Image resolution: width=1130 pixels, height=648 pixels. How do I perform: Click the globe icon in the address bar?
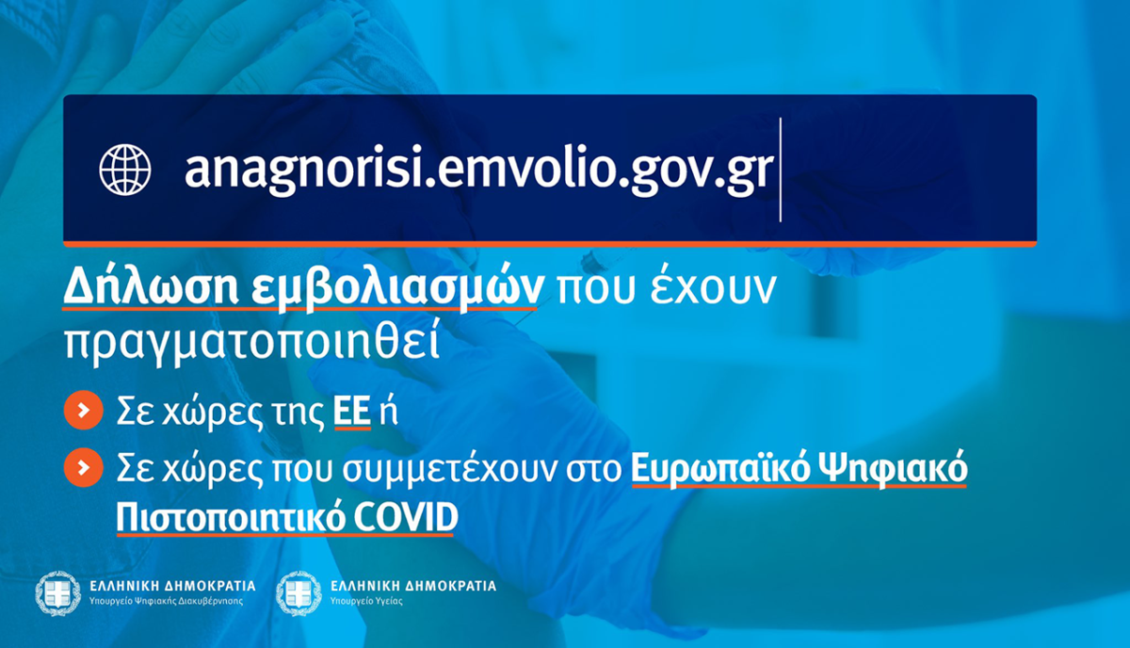[125, 170]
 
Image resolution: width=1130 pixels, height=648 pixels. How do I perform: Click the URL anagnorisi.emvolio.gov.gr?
[478, 170]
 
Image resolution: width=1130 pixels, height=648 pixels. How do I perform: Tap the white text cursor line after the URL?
[781, 170]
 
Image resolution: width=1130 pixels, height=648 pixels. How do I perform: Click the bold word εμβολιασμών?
[397, 288]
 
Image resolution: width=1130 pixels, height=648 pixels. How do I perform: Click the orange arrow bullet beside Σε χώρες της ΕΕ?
[84, 410]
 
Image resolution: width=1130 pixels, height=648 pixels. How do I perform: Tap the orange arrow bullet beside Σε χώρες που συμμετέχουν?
[84, 467]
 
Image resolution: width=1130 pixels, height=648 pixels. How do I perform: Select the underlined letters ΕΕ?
[352, 412]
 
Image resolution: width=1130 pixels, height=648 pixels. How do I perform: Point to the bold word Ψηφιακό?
[893, 469]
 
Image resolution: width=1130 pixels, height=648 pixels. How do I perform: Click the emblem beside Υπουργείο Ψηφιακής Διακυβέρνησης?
[58, 593]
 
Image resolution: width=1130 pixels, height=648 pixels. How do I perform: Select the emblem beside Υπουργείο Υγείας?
[299, 593]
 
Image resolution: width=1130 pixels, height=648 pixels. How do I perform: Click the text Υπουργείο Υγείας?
[366, 601]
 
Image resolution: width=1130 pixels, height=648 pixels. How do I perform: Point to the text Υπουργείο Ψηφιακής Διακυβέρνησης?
[166, 601]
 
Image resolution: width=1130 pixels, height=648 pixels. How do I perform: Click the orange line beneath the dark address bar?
[550, 244]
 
